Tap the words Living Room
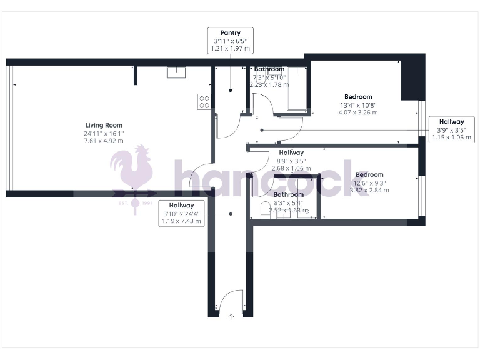(x=104, y=125)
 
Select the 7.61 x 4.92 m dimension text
(x=104, y=141)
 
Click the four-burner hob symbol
(x=204, y=102)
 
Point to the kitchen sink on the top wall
(x=177, y=71)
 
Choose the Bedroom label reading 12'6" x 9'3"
(x=369, y=182)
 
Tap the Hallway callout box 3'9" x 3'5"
(x=451, y=129)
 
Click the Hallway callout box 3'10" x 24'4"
(x=181, y=213)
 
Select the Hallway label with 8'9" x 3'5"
(x=291, y=160)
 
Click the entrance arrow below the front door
(x=232, y=316)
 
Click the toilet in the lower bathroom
(x=264, y=209)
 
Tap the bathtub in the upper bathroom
(x=297, y=87)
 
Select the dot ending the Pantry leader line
(x=230, y=91)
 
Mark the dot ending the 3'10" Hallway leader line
(x=231, y=214)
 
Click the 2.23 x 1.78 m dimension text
(x=269, y=84)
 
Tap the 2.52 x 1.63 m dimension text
(x=289, y=211)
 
